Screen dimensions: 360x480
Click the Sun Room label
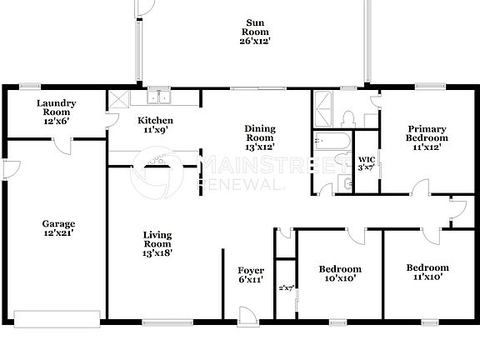(255, 31)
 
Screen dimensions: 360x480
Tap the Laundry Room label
(57, 112)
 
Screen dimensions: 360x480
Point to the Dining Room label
(259, 137)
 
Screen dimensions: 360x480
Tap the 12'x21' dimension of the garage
(59, 233)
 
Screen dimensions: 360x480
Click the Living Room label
(157, 243)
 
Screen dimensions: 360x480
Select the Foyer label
(251, 275)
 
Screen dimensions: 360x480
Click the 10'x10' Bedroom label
(340, 273)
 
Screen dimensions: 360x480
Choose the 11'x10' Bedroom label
(427, 272)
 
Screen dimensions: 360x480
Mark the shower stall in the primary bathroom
(326, 107)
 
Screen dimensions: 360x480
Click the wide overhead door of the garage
(58, 318)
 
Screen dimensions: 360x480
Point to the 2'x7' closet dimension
(286, 287)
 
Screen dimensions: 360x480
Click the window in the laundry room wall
(31, 86)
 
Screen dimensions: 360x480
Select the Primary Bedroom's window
(428, 86)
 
